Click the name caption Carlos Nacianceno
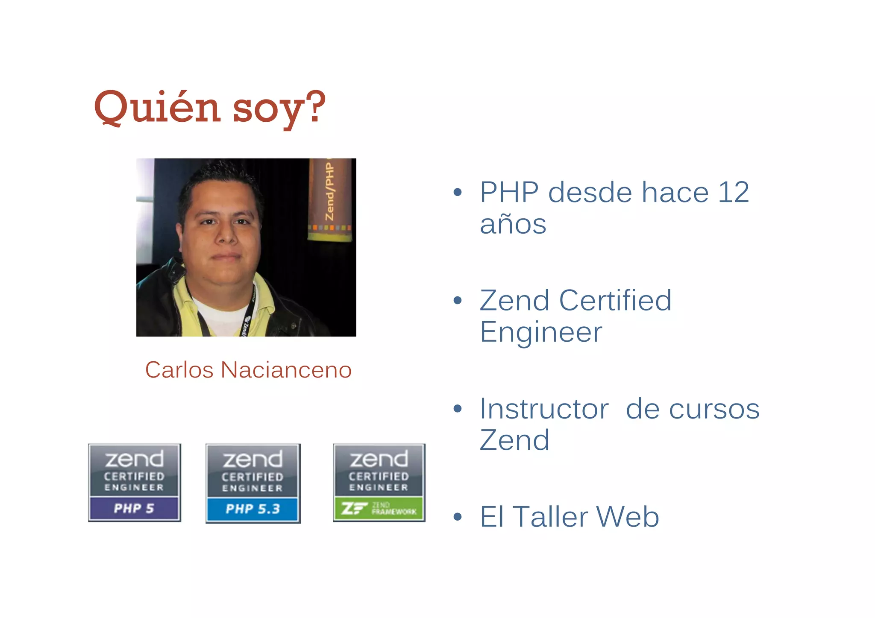coord(248,370)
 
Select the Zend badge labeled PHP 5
coord(135,483)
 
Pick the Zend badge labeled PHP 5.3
coord(253,483)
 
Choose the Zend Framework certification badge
coord(379,483)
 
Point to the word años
coord(513,224)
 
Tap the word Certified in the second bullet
coord(615,300)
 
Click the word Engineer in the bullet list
coord(541,332)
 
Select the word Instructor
coord(544,409)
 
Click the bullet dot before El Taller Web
coord(458,517)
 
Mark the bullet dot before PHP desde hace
coord(458,193)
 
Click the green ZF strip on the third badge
coord(379,509)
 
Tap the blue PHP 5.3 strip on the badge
coord(253,509)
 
